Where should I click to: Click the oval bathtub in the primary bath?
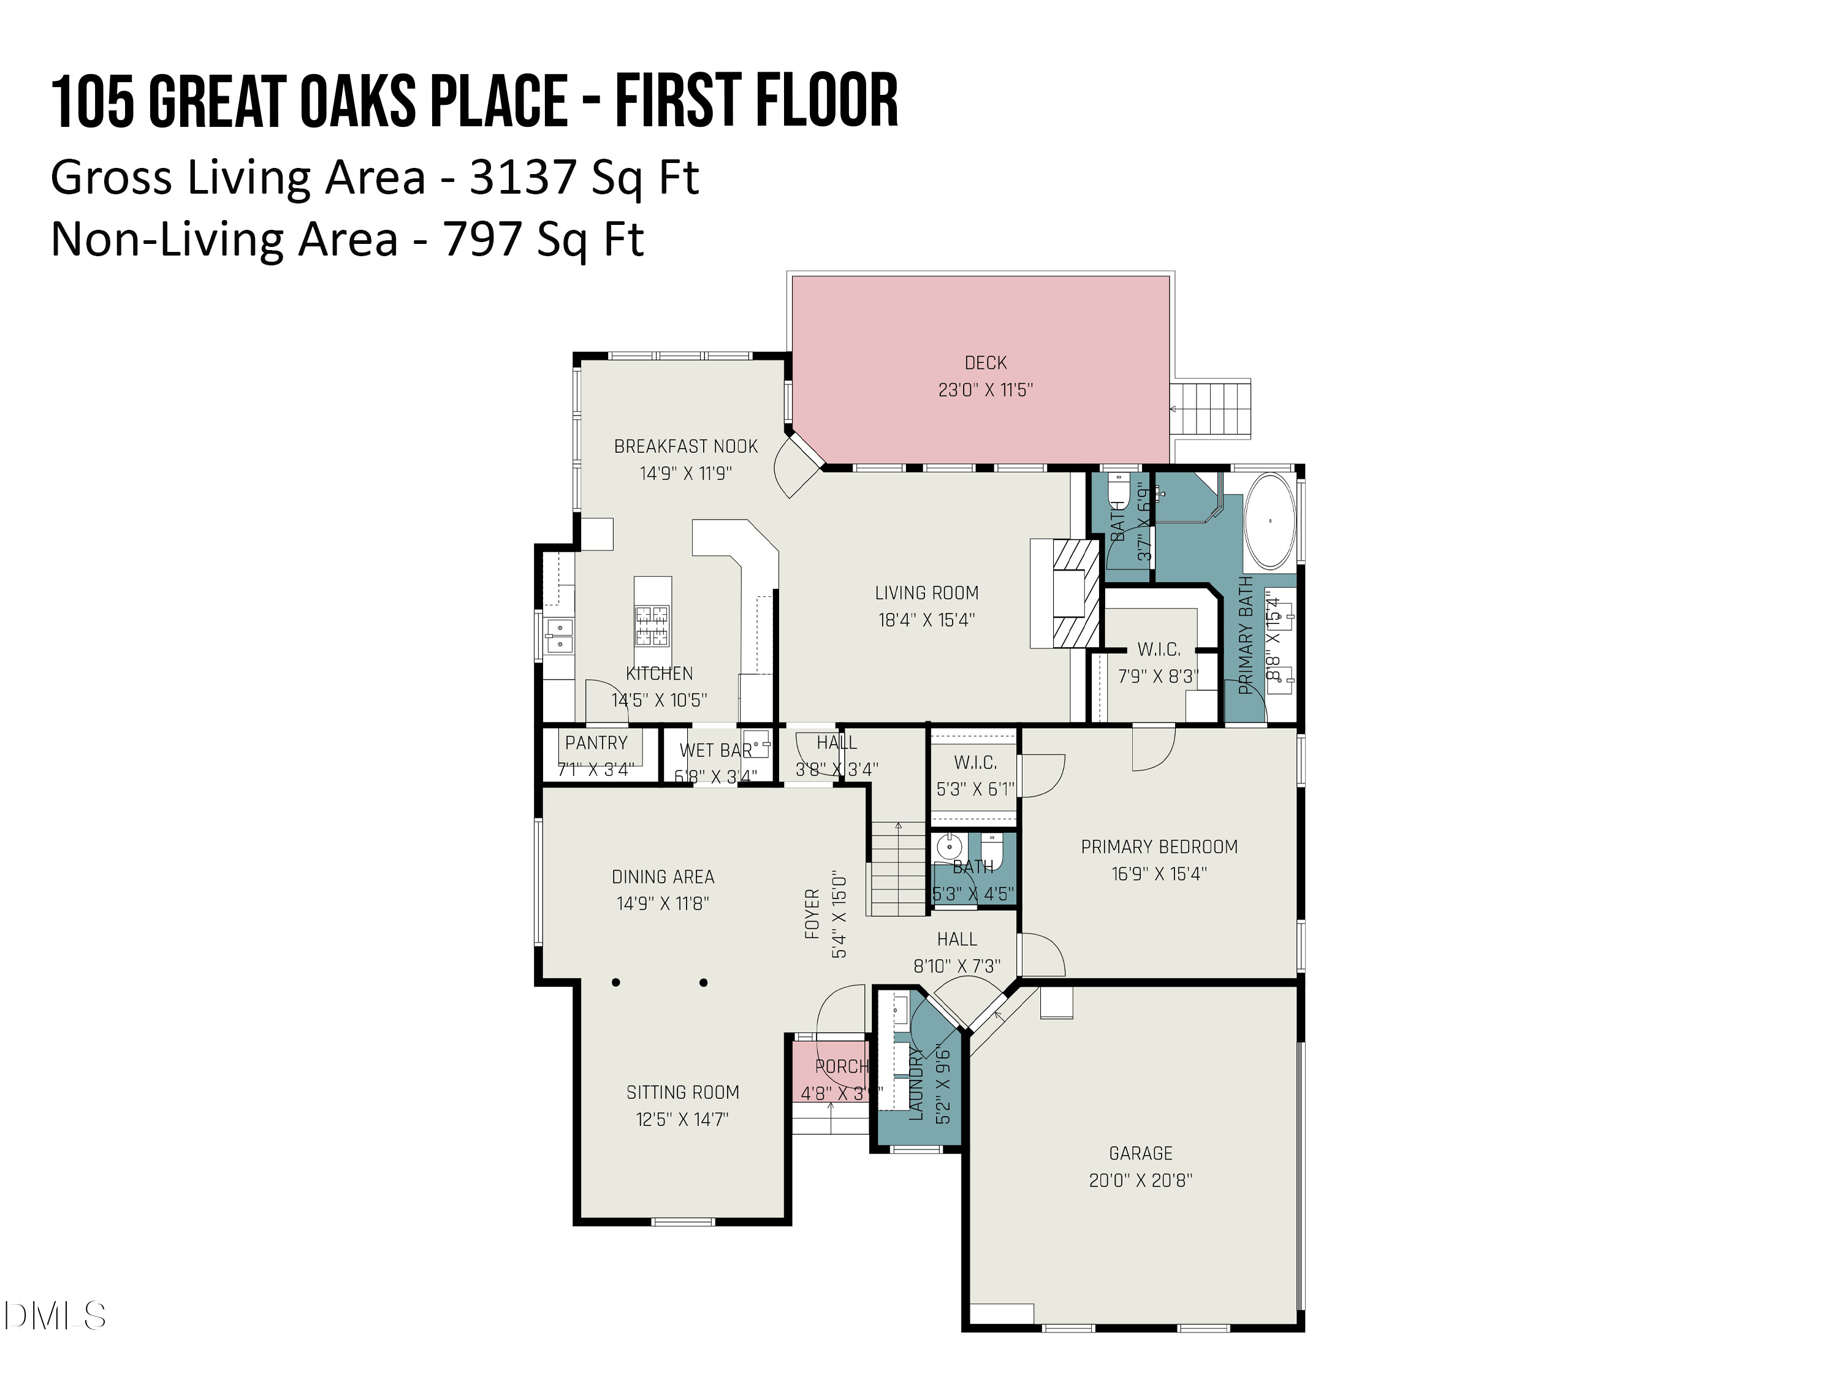1270,521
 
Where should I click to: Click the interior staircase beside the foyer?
898,868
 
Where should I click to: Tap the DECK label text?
985,363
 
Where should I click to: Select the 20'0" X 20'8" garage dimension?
1141,1180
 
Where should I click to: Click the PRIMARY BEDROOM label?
1159,847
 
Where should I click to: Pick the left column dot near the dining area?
616,982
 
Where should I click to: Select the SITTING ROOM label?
682,1092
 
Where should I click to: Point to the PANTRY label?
596,743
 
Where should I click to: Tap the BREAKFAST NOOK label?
686,446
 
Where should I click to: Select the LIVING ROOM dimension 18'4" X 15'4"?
926,620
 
